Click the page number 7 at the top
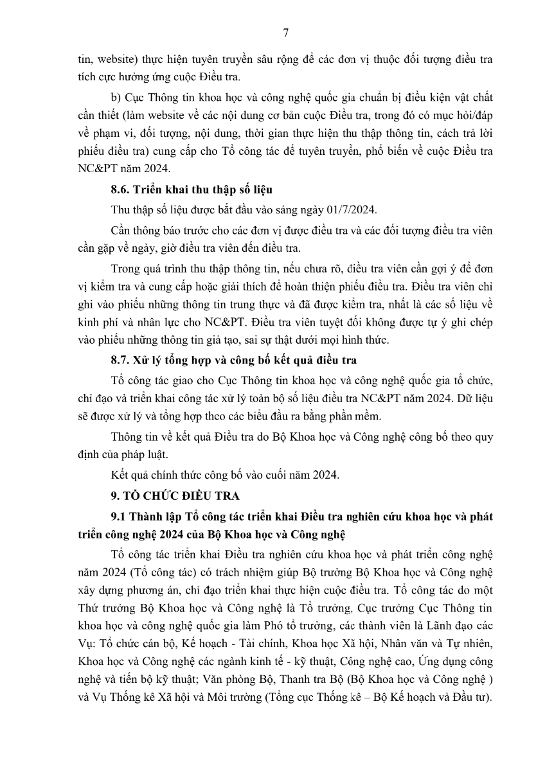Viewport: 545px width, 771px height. tap(285, 33)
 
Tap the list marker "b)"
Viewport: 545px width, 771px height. tap(116, 97)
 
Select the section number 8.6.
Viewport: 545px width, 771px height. tap(122, 190)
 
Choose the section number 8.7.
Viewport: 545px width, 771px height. tap(122, 359)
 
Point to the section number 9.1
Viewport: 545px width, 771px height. tap(120, 516)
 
